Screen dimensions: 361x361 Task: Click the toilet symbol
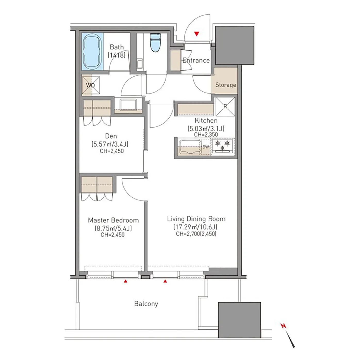point(155,43)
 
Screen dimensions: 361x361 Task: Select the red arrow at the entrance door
point(196,34)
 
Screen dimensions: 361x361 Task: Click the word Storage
point(226,85)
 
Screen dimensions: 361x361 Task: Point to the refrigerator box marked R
point(225,106)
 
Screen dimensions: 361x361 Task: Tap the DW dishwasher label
point(206,147)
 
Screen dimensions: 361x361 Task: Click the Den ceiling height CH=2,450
point(112,151)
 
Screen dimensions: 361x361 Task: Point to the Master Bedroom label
point(113,220)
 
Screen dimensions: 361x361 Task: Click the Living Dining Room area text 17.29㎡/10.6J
point(195,227)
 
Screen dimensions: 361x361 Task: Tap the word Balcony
point(146,304)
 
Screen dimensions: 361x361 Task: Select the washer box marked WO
point(91,85)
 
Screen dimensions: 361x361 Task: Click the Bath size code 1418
point(117,55)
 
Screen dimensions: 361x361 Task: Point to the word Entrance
point(196,60)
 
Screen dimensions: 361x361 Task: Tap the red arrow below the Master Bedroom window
point(126,281)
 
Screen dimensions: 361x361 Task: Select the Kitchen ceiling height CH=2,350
point(206,135)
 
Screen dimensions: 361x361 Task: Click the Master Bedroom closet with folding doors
point(97,188)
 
